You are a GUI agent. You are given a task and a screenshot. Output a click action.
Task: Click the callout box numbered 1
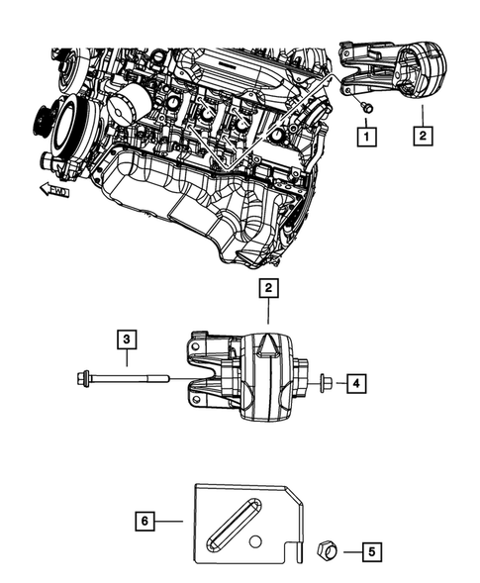tap(366, 131)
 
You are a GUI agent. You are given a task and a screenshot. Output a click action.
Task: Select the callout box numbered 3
tap(128, 341)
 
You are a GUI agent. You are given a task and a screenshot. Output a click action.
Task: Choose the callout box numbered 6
tap(145, 517)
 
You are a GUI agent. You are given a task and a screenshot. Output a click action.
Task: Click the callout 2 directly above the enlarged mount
tap(268, 289)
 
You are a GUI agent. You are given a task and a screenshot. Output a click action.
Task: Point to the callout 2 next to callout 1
tap(422, 131)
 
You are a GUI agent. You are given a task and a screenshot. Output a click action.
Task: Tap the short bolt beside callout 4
tap(324, 379)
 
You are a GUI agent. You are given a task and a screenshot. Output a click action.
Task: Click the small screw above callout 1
tap(364, 105)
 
